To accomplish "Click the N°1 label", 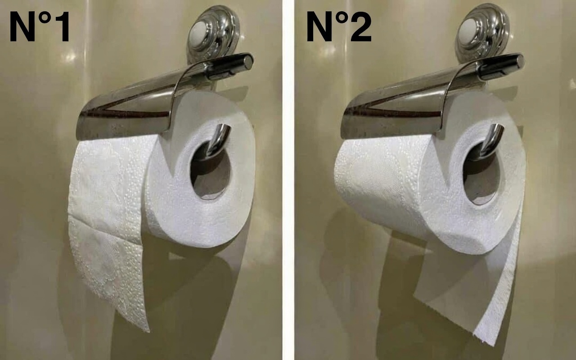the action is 39,27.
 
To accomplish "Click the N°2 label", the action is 339,27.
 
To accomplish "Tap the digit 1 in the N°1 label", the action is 62,27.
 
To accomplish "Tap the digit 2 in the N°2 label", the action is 361,27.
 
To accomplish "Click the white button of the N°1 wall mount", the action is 200,34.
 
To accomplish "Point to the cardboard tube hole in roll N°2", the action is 481,174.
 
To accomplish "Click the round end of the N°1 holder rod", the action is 248,62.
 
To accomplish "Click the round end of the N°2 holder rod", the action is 519,62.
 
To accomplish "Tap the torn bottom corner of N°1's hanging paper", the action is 148,331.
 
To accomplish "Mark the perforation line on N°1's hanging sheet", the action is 105,230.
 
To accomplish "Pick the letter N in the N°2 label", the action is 319,27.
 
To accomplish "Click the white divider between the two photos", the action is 288,180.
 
